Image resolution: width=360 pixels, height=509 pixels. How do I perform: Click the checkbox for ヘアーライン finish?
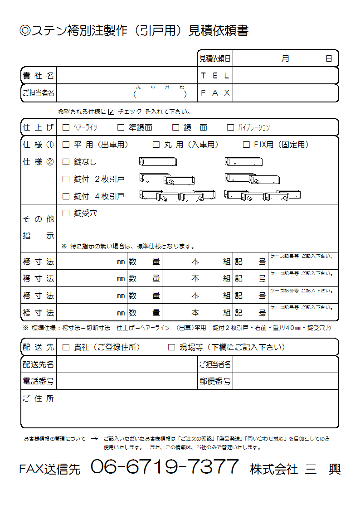pos(66,128)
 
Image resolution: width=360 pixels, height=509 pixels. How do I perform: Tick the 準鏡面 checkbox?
pos(121,128)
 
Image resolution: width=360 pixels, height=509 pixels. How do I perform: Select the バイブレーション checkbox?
pos(230,128)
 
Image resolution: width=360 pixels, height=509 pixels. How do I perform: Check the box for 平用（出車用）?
pos(66,145)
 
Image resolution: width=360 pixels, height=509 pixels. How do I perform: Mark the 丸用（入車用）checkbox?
pos(156,145)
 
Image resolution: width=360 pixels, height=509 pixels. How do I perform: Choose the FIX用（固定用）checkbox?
pos(246,145)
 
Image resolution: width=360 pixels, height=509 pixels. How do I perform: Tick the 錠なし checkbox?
pos(66,162)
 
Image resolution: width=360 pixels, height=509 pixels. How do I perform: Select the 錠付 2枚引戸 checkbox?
pos(66,179)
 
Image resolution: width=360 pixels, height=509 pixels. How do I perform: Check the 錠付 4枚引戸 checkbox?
pos(66,196)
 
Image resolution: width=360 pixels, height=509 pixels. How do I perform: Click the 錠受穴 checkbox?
pos(66,213)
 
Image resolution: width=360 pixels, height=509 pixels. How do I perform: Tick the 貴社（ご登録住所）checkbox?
pos(66,348)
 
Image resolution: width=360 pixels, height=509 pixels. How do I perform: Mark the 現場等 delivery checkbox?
pos(171,348)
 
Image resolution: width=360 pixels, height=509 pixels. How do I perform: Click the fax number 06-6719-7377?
pos(165,467)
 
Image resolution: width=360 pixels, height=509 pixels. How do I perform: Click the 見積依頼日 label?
pos(215,58)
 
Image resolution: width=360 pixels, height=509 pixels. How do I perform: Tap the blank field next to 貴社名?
pos(126,76)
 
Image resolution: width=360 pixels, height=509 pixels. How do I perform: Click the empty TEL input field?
pos(285,76)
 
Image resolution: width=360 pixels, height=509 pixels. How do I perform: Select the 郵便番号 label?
pos(215,382)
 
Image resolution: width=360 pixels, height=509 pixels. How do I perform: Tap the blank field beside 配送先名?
pos(126,364)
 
